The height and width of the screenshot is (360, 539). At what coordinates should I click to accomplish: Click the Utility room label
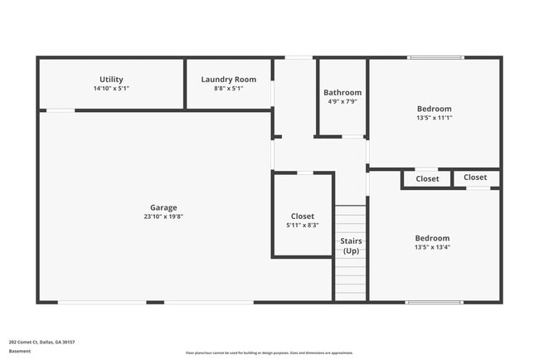(x=111, y=79)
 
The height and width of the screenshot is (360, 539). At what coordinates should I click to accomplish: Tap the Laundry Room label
(x=228, y=80)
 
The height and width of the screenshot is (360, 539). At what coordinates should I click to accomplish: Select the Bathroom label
(x=342, y=93)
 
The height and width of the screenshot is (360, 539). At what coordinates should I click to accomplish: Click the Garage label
(x=163, y=207)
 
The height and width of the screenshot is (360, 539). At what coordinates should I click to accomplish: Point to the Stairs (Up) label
(x=351, y=246)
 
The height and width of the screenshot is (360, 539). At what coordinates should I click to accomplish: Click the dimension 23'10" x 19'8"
(x=163, y=216)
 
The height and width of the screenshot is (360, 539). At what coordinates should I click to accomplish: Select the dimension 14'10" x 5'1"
(x=111, y=88)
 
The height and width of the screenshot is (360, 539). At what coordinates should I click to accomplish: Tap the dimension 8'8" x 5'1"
(x=228, y=88)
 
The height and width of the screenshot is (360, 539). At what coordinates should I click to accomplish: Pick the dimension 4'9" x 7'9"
(x=342, y=101)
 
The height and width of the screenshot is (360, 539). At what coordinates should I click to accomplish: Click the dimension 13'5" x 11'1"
(x=435, y=118)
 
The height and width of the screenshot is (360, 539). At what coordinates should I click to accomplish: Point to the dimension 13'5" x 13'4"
(x=433, y=246)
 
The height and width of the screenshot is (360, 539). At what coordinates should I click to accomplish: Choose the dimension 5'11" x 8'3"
(x=303, y=225)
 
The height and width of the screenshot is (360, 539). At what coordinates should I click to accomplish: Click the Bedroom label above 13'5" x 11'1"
(x=435, y=109)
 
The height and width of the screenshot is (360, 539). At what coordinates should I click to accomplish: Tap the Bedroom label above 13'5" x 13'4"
(x=433, y=238)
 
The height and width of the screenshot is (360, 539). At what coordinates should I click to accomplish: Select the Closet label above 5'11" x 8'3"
(x=303, y=216)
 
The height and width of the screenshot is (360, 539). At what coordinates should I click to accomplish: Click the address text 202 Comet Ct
(x=41, y=341)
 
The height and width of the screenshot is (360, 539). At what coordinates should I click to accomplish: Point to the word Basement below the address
(x=20, y=351)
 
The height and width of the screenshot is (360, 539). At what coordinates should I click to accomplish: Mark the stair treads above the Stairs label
(x=351, y=220)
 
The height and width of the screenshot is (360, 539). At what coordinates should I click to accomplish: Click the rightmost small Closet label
(x=475, y=178)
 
